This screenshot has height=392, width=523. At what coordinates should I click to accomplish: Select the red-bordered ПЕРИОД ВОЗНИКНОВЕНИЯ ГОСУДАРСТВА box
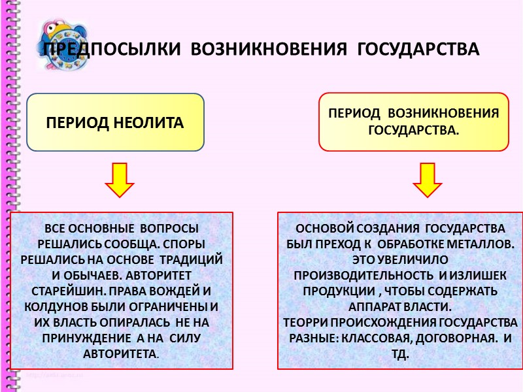click(x=413, y=122)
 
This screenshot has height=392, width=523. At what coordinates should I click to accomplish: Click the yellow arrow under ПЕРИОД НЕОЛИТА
click(x=120, y=180)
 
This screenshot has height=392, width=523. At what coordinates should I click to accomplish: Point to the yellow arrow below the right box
click(x=428, y=180)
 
